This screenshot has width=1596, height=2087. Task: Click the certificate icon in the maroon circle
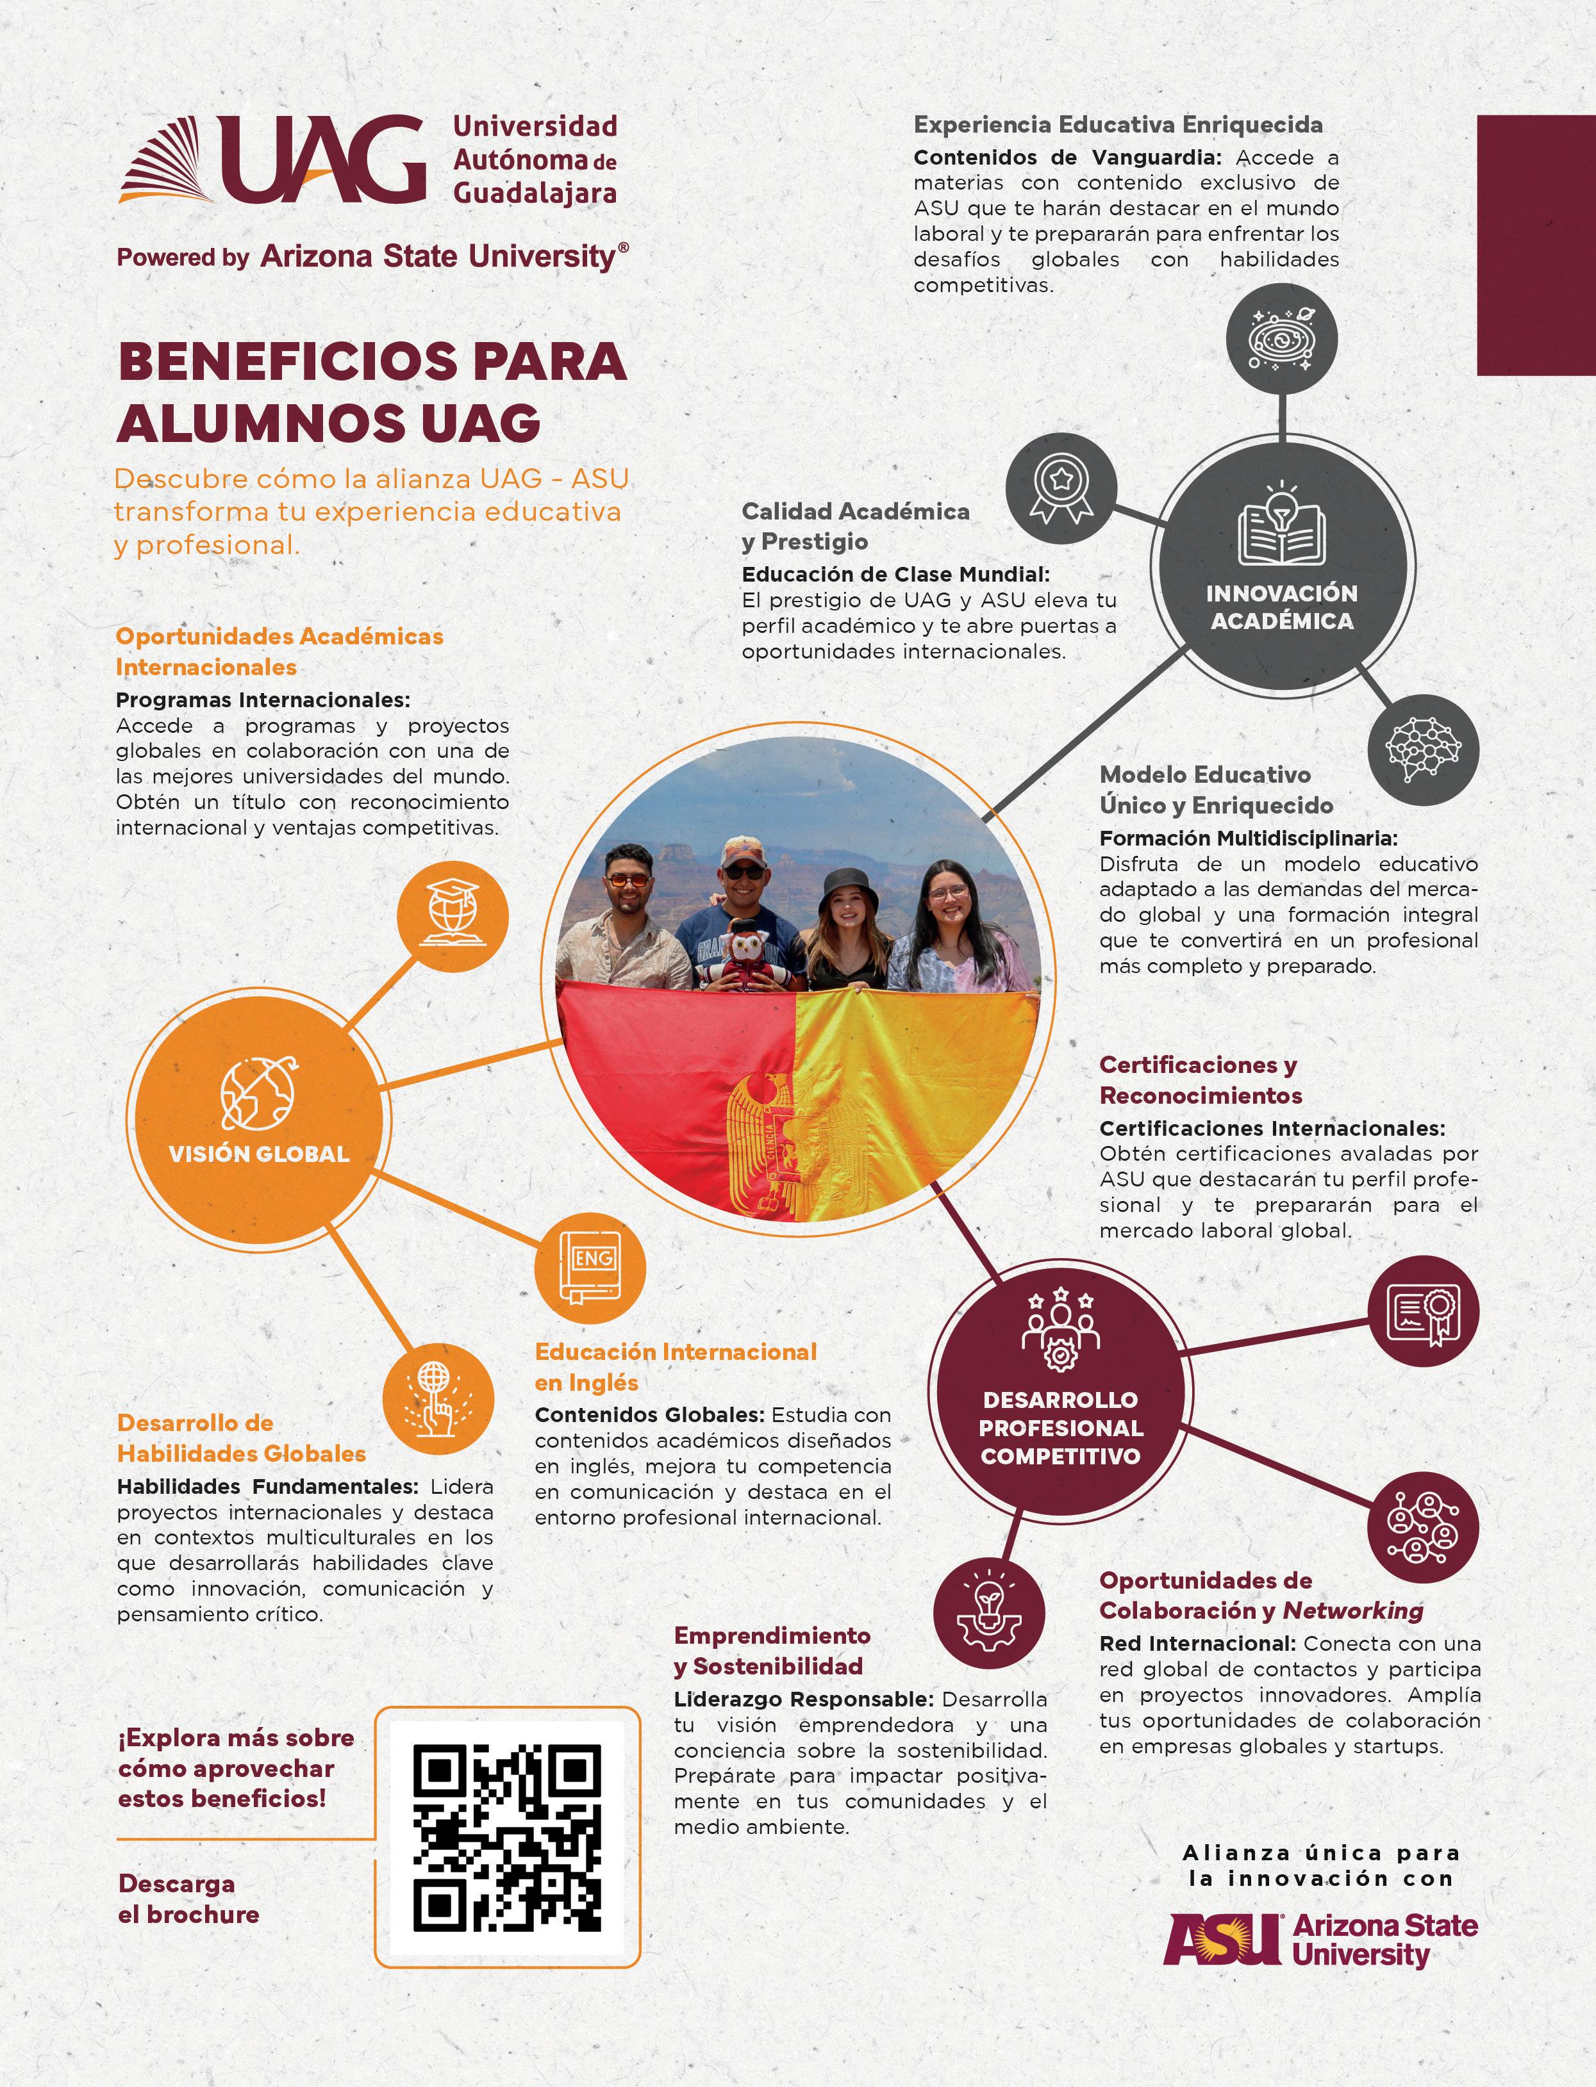tap(1423, 1314)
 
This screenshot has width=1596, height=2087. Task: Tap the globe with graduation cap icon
tap(453, 916)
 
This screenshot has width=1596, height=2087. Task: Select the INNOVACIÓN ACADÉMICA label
tap(1281, 607)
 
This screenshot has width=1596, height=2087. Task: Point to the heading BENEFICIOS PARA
tap(372, 362)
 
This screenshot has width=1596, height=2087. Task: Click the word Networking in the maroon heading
tap(1353, 1610)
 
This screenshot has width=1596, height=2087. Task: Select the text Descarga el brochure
tap(188, 1899)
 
